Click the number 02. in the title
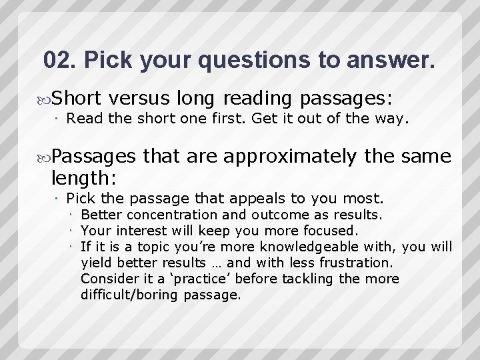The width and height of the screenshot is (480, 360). [x=60, y=61]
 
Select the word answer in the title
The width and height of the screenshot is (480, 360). [x=388, y=61]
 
